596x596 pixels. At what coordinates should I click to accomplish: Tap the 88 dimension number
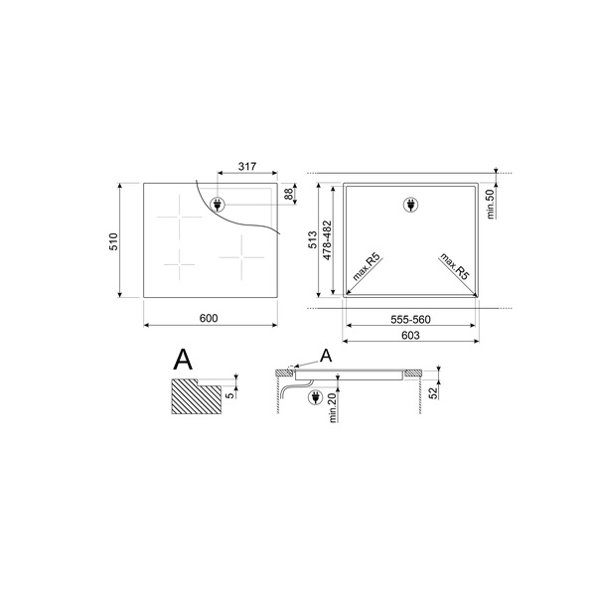(x=289, y=195)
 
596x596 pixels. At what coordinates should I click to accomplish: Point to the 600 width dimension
(x=208, y=318)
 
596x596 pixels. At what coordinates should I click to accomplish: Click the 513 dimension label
(x=312, y=239)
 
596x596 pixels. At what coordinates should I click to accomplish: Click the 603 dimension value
(x=409, y=338)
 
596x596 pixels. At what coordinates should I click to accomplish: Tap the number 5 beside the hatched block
(x=229, y=394)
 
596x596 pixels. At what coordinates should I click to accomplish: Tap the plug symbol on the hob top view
(x=219, y=206)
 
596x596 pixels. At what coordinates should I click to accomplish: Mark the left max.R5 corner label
(x=369, y=267)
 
